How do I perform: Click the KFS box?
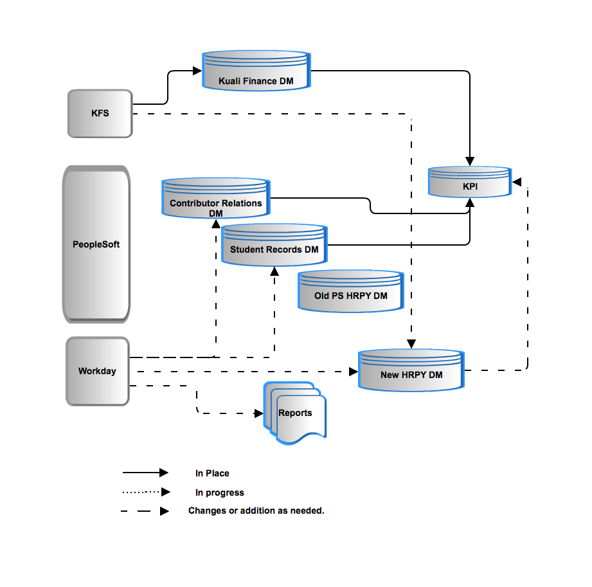(100, 113)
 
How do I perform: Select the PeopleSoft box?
(96, 244)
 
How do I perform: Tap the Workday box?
(98, 372)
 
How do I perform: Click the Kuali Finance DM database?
(256, 71)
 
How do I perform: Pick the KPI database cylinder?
(470, 182)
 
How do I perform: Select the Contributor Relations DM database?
(216, 198)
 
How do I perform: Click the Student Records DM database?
(274, 245)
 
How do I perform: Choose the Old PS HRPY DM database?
(351, 291)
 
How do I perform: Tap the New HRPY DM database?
(411, 370)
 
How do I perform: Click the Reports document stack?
(295, 413)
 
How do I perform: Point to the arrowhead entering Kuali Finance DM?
(197, 71)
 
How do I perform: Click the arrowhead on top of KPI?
(470, 161)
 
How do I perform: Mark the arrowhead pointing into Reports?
(258, 413)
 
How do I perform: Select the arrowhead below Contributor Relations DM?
(216, 224)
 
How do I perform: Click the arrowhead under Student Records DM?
(274, 271)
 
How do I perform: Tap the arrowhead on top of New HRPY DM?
(411, 344)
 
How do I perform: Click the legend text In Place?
(212, 473)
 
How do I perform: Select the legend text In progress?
(220, 492)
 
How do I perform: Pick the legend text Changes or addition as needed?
(256, 510)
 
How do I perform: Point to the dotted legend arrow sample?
(146, 492)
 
